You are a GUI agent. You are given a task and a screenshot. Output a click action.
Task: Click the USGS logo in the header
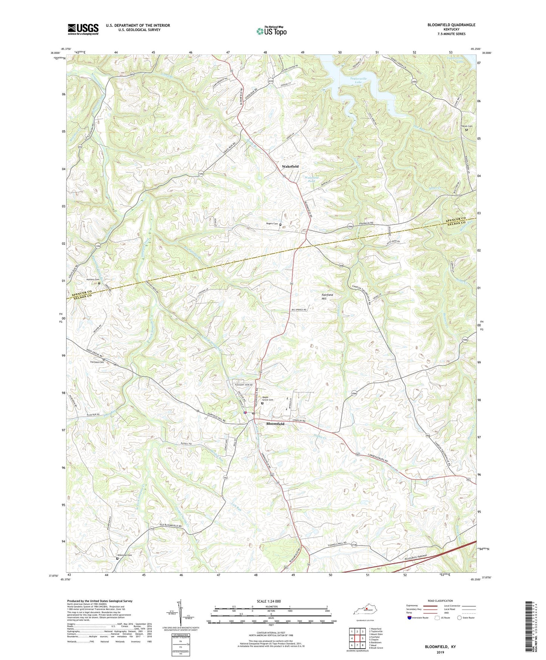pyautogui.click(x=83, y=29)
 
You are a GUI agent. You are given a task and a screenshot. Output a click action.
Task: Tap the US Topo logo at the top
pyautogui.click(x=271, y=31)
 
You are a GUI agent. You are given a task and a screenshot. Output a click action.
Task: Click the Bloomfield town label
pyautogui.click(x=275, y=424)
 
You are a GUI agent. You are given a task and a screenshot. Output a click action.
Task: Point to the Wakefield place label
pyautogui.click(x=290, y=167)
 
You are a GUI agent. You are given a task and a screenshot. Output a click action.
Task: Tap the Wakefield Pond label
pyautogui.click(x=312, y=179)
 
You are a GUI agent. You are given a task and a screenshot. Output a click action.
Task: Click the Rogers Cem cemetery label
pyautogui.click(x=272, y=224)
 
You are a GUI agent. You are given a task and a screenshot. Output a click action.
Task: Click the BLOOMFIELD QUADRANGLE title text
pyautogui.click(x=451, y=25)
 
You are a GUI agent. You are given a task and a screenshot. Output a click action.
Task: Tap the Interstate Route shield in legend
pyautogui.click(x=410, y=618)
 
